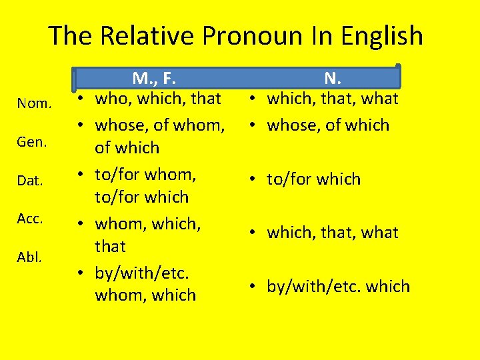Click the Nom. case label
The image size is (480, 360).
pyautogui.click(x=34, y=103)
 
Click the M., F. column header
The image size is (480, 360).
pyautogui.click(x=154, y=79)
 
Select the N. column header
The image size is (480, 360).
pyautogui.click(x=331, y=79)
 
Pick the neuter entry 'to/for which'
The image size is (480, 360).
pyautogui.click(x=313, y=179)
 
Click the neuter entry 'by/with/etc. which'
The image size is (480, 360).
pyautogui.click(x=338, y=287)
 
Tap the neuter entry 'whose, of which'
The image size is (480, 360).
pyautogui.click(x=328, y=125)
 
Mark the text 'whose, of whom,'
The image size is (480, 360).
pyautogui.click(x=159, y=125)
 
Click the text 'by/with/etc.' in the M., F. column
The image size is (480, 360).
pyautogui.click(x=143, y=272)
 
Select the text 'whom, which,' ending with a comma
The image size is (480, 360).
pyautogui.click(x=148, y=223)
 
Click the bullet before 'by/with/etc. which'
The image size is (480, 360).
pyautogui.click(x=256, y=287)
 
